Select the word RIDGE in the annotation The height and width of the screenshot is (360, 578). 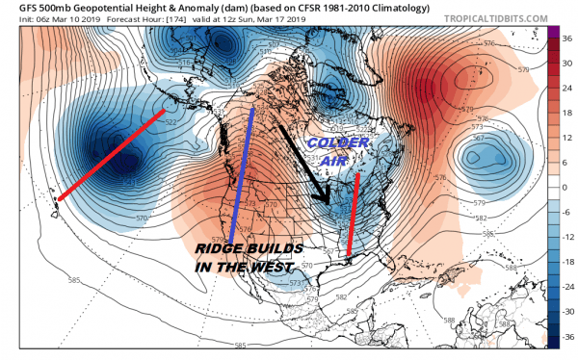click(217, 249)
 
